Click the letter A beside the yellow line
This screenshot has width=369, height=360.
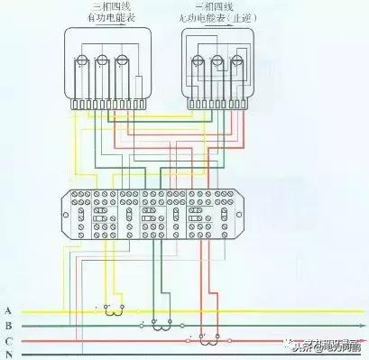click(x=7, y=309)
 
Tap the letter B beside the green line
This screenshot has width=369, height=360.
click(x=7, y=325)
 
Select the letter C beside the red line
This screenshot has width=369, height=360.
click(x=7, y=340)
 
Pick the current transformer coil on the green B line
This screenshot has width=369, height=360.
click(x=160, y=322)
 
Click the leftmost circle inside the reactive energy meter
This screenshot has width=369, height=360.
click(x=198, y=60)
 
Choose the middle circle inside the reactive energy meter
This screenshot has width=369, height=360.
click(x=217, y=60)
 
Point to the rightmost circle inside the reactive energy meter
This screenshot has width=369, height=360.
click(x=235, y=60)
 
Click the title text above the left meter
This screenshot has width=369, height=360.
click(x=104, y=14)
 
